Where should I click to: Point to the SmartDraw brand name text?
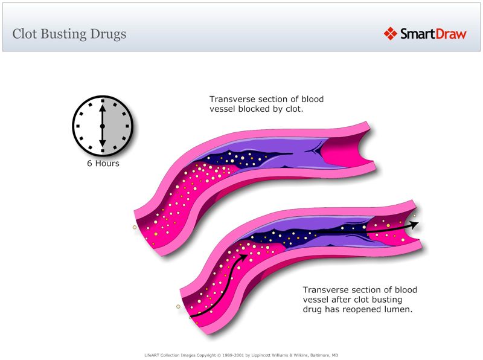pos(433,34)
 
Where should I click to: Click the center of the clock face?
pos(103,126)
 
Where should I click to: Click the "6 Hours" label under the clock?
pos(103,163)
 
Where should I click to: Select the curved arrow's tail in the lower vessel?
pos(192,315)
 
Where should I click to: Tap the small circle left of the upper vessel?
pos(135,228)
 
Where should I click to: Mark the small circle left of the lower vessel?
pos(178,306)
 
